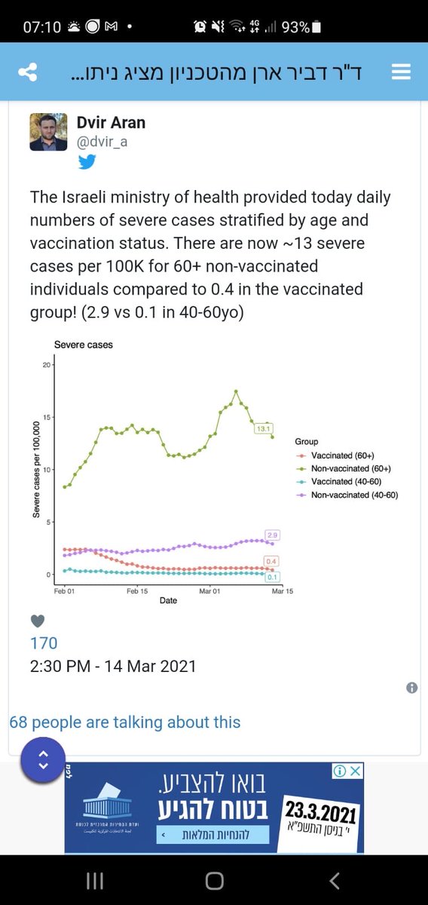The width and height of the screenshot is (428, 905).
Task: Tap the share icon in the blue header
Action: (27, 72)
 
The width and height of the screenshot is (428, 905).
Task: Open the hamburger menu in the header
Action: (401, 72)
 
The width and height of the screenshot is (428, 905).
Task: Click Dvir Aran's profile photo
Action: (49, 132)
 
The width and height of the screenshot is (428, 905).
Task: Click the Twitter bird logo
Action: (87, 161)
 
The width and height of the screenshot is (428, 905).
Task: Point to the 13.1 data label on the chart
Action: (264, 428)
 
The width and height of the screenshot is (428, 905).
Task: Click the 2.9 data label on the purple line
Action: (273, 535)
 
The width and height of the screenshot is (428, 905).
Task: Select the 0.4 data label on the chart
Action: (273, 561)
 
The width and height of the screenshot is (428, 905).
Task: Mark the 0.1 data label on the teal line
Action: (273, 577)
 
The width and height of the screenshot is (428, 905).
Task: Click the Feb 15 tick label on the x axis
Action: (138, 591)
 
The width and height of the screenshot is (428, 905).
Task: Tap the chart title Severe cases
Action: (83, 345)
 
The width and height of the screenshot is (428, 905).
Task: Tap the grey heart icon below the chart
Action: (38, 621)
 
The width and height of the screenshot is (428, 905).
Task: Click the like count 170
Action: (44, 643)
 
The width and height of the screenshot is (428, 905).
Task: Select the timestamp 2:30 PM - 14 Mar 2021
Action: (113, 666)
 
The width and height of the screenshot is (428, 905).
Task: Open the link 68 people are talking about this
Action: (125, 722)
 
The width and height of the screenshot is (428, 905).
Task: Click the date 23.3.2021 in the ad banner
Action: (320, 811)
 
